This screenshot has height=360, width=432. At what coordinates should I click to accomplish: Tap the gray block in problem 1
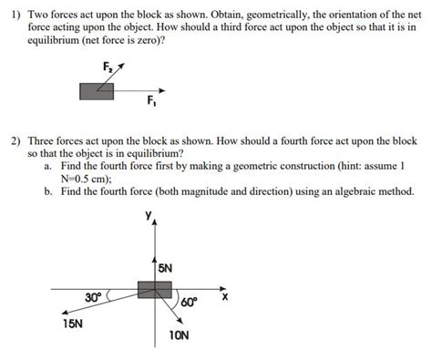coord(96,90)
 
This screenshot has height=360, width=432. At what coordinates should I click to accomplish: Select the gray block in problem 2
coord(155,289)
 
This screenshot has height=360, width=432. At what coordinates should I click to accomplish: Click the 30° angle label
coord(93,298)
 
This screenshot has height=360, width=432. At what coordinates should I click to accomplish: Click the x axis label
coord(224,297)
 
